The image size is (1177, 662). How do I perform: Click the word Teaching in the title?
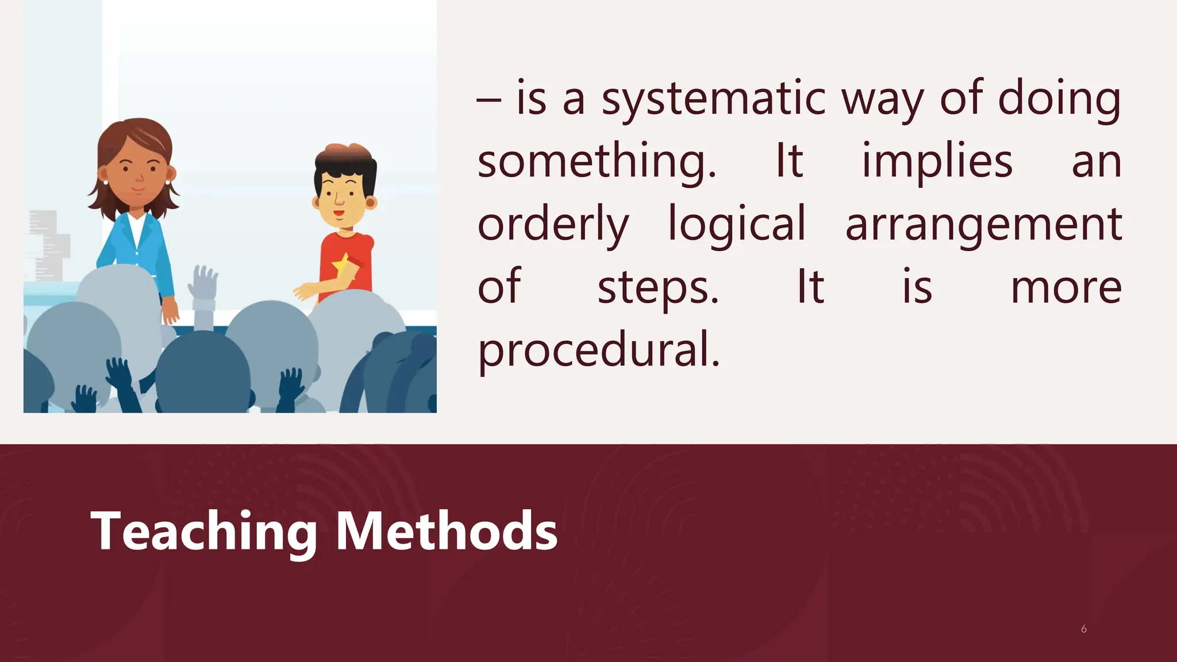point(203,532)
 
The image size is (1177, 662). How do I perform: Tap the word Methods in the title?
point(446,532)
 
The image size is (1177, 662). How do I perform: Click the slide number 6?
point(1083,629)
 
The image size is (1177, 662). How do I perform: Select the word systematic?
point(713,99)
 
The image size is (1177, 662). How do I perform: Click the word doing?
point(1059,99)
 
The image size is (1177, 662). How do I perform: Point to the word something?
point(597,162)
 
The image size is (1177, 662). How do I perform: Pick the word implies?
point(937,162)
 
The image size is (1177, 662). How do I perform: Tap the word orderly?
point(553,225)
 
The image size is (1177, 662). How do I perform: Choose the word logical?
point(737,225)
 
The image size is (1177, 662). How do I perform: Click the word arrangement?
point(983,225)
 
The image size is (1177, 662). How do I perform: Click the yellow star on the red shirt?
point(341,265)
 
